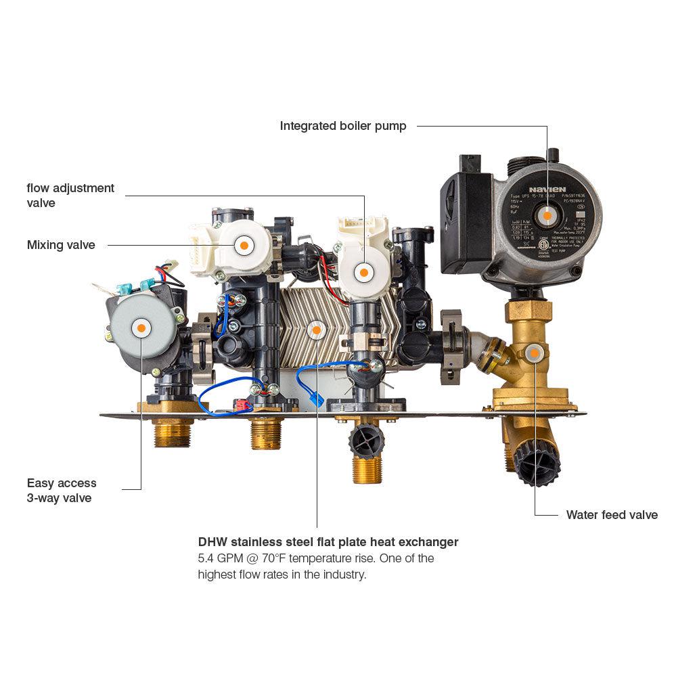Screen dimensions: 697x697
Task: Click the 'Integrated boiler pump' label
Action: pyautogui.click(x=343, y=126)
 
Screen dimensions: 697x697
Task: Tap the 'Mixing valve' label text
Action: pyautogui.click(x=61, y=245)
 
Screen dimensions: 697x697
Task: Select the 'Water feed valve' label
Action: pyautogui.click(x=612, y=515)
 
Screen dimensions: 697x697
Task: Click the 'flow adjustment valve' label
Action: pyautogui.click(x=70, y=195)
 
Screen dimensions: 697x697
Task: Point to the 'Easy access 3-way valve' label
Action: pyautogui.click(x=62, y=491)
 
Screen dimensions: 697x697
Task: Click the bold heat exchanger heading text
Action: pyautogui.click(x=328, y=542)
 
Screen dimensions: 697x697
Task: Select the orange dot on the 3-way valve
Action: pyautogui.click(x=141, y=328)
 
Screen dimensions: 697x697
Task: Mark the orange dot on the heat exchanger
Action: pyautogui.click(x=316, y=330)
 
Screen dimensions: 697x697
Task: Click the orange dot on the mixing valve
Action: pyautogui.click(x=242, y=245)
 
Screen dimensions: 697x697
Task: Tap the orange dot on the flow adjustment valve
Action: pyautogui.click(x=363, y=272)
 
